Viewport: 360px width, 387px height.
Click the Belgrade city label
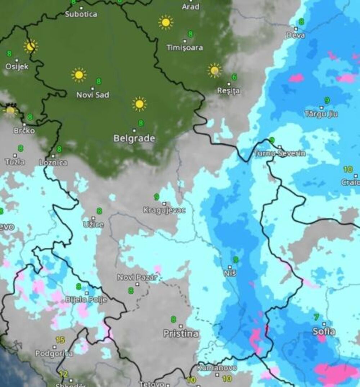coord(134,139)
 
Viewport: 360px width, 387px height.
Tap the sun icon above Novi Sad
coord(78,75)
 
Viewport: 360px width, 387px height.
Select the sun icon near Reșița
coord(215,71)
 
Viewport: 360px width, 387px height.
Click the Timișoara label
coord(185,48)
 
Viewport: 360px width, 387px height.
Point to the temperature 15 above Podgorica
coord(60,339)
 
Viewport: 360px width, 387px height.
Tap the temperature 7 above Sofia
coord(316,317)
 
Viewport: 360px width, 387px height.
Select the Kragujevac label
coord(164,210)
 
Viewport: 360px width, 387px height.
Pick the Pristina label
coord(181,334)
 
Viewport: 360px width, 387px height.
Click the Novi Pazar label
coord(137,278)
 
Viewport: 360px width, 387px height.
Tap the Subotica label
coord(81,14)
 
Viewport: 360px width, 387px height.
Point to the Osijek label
coord(17,67)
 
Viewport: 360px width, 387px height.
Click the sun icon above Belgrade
coord(139,104)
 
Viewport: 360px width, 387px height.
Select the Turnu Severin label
coord(280,153)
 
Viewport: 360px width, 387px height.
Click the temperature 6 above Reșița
coord(234,77)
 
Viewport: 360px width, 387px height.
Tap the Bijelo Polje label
coord(86,300)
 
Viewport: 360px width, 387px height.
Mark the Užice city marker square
coord(93,218)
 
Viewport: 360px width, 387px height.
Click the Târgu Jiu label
coord(321,114)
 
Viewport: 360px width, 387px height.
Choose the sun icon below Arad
coord(166,23)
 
